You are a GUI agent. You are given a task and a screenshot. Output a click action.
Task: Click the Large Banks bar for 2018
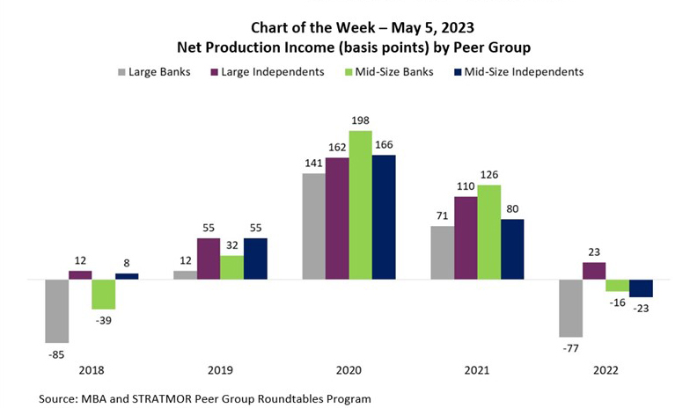57,311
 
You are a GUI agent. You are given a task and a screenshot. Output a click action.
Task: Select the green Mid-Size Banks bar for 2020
361,205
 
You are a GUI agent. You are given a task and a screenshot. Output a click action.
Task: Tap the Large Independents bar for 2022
595,271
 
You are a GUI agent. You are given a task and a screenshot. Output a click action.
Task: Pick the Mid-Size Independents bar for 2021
511,250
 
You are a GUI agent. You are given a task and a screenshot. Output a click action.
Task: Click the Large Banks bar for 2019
185,275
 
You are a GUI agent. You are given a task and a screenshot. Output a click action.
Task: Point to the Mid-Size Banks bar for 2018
104,295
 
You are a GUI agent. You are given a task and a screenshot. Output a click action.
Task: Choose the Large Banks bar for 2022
571,309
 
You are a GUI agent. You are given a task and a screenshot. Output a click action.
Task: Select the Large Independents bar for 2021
466,238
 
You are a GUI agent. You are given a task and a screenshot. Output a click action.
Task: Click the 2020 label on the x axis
349,371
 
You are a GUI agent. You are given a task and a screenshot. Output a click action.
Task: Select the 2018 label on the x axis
92,371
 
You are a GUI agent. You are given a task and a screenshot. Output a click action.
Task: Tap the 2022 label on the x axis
606,371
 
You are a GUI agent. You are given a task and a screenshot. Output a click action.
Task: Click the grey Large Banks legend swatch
121,71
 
